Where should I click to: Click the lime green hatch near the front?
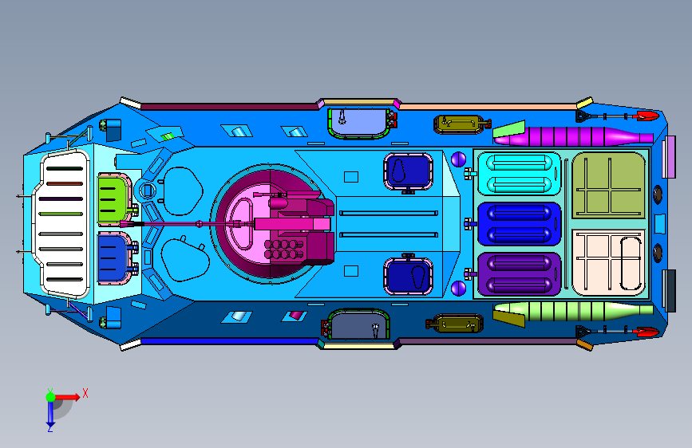coord(114,198)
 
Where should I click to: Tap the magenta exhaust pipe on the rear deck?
coord(574,136)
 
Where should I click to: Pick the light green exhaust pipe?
coord(574,311)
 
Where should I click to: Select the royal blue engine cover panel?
coord(519,224)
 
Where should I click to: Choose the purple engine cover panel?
coord(519,274)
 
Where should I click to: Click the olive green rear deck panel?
coord(608,185)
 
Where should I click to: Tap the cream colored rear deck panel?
coord(608,263)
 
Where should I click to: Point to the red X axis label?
coord(85,393)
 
